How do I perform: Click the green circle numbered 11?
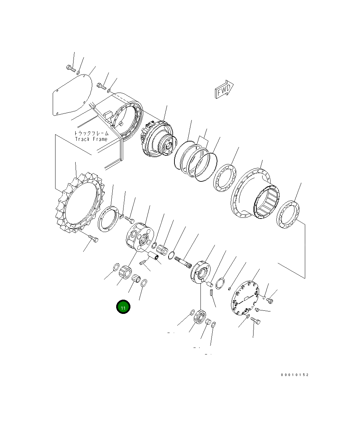pos(123,307)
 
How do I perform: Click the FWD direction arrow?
pos(224,89)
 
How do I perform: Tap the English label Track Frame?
pos(91,139)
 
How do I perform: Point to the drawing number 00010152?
pos(294,375)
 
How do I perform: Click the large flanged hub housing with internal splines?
pos(255,193)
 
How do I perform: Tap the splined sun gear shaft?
pos(183,262)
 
